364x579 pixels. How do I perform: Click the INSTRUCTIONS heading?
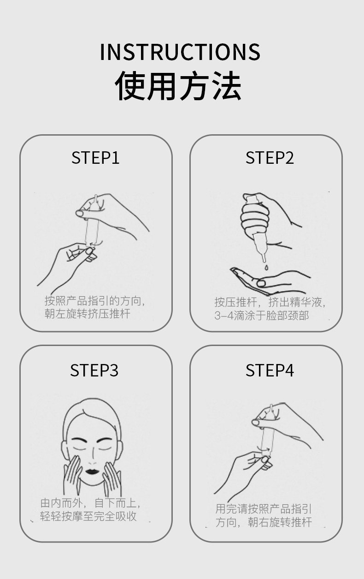180,52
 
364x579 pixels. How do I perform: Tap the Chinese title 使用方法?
178,85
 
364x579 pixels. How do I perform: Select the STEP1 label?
95,158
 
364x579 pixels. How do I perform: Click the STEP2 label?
270,158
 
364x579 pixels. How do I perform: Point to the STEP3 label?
94,370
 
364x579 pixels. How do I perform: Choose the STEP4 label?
270,370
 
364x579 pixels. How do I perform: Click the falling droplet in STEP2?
266,267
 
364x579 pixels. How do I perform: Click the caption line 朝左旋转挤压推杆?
87,314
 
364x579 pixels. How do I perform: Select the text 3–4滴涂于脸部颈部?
262,316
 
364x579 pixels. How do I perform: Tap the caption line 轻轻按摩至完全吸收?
88,516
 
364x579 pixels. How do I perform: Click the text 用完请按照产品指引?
264,509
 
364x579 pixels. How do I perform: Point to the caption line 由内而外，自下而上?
90,503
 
